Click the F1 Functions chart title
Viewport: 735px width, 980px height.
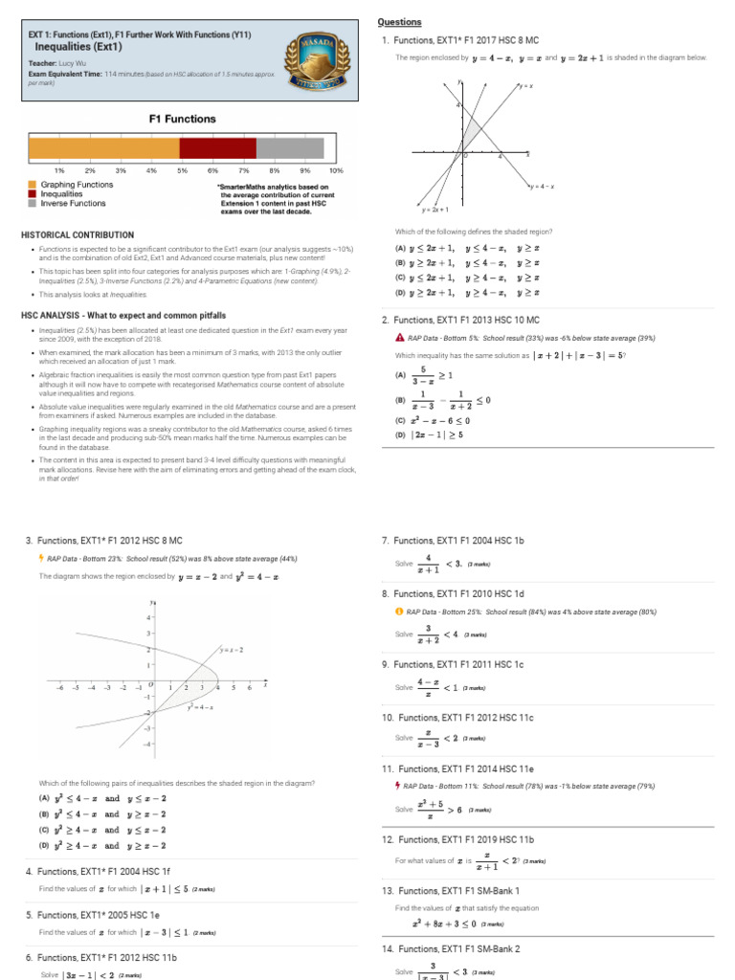(x=182, y=120)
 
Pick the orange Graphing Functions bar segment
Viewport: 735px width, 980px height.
(x=103, y=148)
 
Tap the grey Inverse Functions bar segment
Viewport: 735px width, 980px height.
(x=290, y=148)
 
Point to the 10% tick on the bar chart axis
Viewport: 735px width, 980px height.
(x=335, y=170)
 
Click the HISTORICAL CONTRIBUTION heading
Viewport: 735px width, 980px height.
(x=78, y=234)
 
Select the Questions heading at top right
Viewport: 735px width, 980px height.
(x=399, y=21)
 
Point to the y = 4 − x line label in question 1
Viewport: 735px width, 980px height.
(x=542, y=187)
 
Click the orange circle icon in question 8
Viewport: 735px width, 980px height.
(x=399, y=611)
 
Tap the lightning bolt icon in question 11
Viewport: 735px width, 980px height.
(x=399, y=786)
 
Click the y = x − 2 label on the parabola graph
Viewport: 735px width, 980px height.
(x=230, y=650)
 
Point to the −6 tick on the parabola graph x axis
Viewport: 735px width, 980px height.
(x=61, y=687)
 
